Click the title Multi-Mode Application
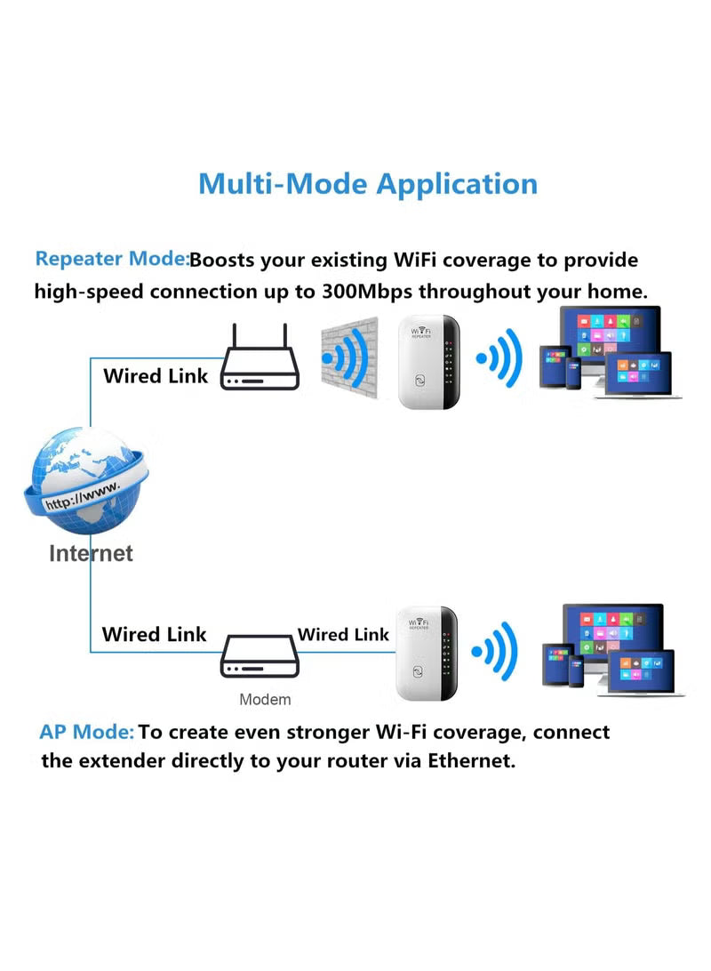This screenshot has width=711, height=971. [367, 184]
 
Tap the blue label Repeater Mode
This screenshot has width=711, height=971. [111, 260]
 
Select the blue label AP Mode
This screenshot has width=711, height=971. [86, 733]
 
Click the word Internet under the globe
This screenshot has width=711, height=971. [91, 554]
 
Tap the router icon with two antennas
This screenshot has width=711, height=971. [260, 365]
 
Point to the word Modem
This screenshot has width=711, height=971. [265, 700]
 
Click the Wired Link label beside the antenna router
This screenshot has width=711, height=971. [156, 376]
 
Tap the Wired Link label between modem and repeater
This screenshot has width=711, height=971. [343, 635]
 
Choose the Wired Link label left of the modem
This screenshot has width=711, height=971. [154, 635]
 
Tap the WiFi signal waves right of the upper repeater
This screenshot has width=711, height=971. [499, 358]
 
